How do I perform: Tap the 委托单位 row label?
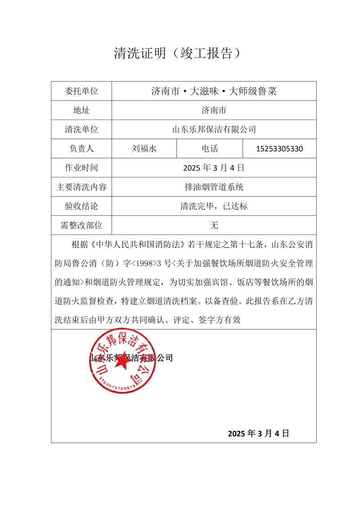[x=81, y=91]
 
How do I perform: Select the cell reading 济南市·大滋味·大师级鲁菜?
[x=214, y=91]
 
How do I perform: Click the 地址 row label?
[x=81, y=110]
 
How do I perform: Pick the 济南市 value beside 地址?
[x=214, y=110]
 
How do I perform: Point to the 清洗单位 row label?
[x=81, y=130]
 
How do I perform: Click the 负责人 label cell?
[x=81, y=149]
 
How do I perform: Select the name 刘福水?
[x=144, y=149]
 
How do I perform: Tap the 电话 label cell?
[x=210, y=149]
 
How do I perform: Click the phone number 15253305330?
[x=279, y=149]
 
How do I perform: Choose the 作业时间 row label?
[x=81, y=168]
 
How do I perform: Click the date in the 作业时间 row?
[x=214, y=168]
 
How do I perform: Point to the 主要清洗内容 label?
[x=81, y=187]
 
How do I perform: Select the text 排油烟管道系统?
[x=214, y=187]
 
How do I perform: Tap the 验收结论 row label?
[x=81, y=206]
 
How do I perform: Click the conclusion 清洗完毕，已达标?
[x=214, y=206]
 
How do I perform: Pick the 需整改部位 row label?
[x=81, y=225]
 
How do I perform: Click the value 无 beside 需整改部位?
[x=214, y=225]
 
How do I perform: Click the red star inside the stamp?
[x=122, y=364]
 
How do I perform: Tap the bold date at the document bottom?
[x=258, y=433]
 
